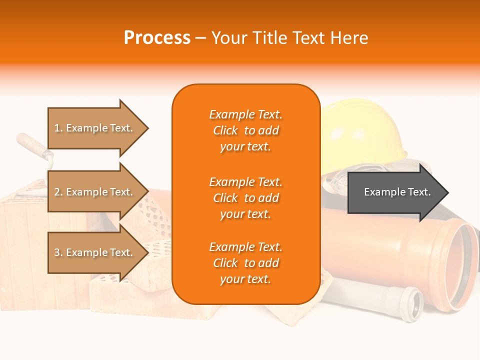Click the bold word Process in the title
tap(157, 37)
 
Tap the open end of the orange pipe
tap(460, 265)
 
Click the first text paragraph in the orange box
tap(245, 130)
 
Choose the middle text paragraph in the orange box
tap(245, 198)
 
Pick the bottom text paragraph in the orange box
tap(245, 263)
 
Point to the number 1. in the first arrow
tap(58, 128)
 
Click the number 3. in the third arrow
tap(58, 252)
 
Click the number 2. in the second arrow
tap(58, 192)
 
